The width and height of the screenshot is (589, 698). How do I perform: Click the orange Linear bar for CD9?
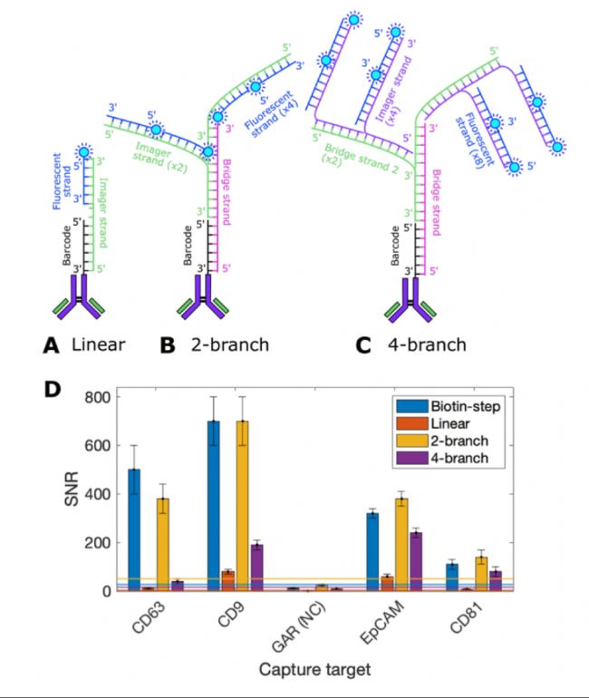[x=228, y=581]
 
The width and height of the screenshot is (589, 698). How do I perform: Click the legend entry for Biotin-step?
[x=445, y=406]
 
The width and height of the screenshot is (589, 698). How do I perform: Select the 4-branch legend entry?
[x=445, y=458]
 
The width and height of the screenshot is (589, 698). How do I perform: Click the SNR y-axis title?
[x=64, y=494]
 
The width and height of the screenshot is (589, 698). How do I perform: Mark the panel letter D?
[x=53, y=387]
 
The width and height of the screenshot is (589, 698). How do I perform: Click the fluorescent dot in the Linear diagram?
[x=87, y=152]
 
